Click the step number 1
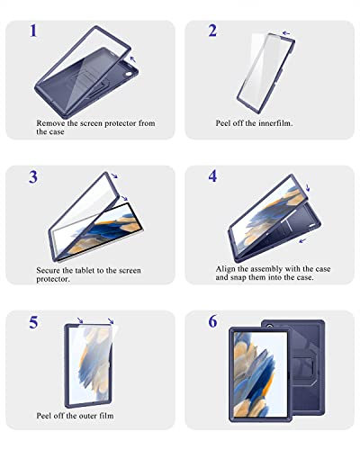pyautogui.click(x=33, y=32)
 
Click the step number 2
pyautogui.click(x=212, y=31)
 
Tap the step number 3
pyautogui.click(x=33, y=176)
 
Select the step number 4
pyautogui.click(x=213, y=176)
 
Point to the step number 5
pyautogui.click(x=33, y=321)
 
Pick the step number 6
pyautogui.click(x=213, y=321)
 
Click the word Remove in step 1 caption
pyautogui.click(x=51, y=122)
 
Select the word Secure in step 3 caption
pyautogui.click(x=50, y=268)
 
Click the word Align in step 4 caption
pyautogui.click(x=227, y=268)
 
